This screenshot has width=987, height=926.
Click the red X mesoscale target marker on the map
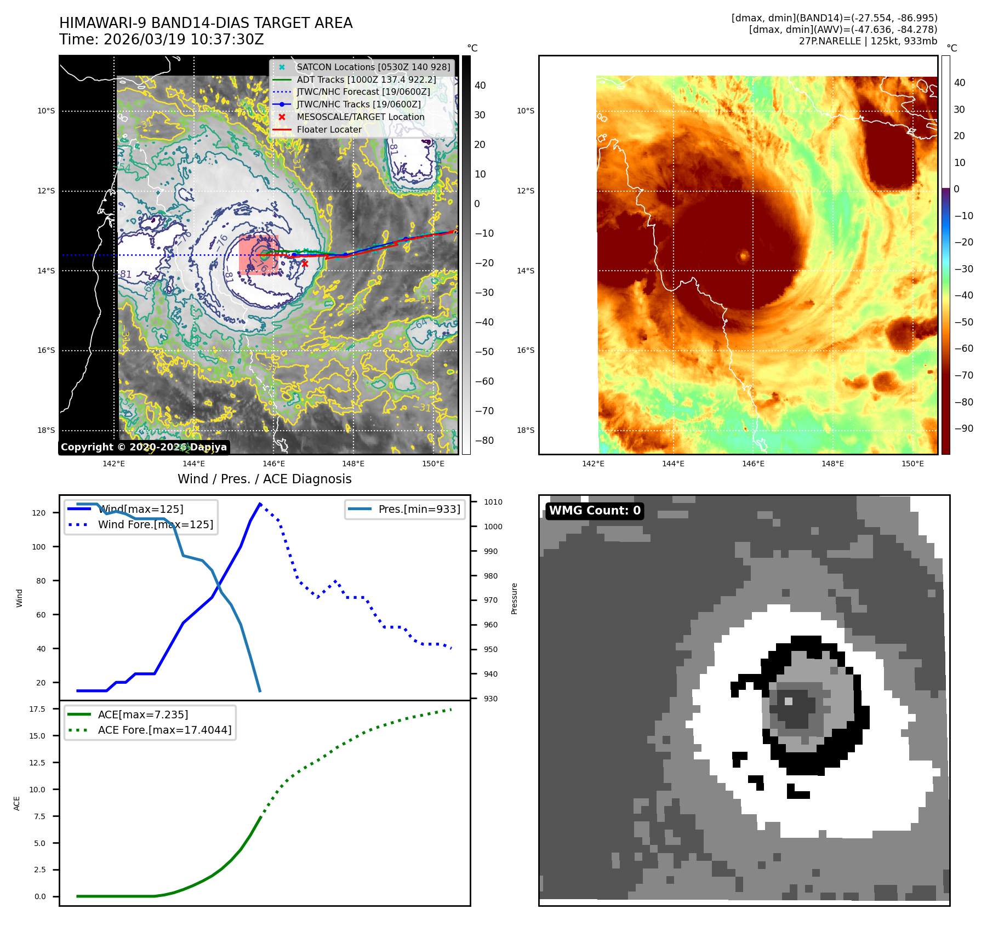pyautogui.click(x=305, y=264)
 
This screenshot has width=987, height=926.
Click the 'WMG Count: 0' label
pyautogui.click(x=595, y=511)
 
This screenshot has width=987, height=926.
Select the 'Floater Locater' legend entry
pyautogui.click(x=329, y=130)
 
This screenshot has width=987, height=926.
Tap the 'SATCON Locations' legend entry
pyautogui.click(x=373, y=67)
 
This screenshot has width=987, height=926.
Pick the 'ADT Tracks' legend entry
pyautogui.click(x=366, y=80)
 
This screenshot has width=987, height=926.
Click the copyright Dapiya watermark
pyautogui.click(x=144, y=447)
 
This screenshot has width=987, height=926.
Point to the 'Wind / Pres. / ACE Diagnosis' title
pyautogui.click(x=265, y=479)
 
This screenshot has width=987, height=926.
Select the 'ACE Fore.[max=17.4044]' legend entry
pyautogui.click(x=164, y=730)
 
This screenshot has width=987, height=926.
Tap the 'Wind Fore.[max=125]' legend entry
pyautogui.click(x=156, y=524)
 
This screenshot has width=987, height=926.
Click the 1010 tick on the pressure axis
pyautogui.click(x=493, y=502)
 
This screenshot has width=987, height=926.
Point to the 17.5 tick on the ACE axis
pyautogui.click(x=37, y=709)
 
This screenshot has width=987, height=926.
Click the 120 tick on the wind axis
pyautogui.click(x=39, y=513)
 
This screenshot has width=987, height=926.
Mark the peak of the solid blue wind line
pyautogui.click(x=260, y=504)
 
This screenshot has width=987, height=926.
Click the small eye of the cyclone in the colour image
pyautogui.click(x=744, y=255)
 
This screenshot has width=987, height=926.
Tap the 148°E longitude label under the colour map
pyautogui.click(x=832, y=464)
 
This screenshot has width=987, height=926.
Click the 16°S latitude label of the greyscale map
pyautogui.click(x=46, y=351)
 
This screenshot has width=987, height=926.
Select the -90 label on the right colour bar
pyautogui.click(x=963, y=428)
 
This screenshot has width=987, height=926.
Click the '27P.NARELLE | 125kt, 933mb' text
pyautogui.click(x=868, y=41)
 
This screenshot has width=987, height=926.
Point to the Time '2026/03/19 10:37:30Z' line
pyautogui.click(x=162, y=39)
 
